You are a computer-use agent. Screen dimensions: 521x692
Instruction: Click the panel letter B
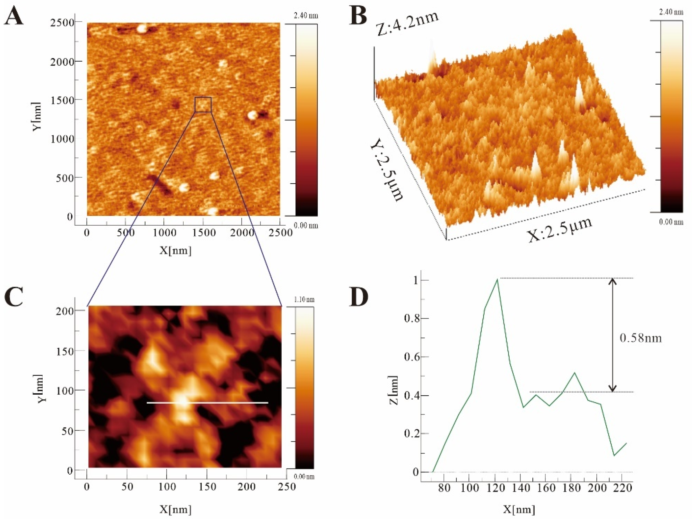click(x=358, y=16)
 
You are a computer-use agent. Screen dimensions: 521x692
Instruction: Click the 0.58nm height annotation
click(x=641, y=338)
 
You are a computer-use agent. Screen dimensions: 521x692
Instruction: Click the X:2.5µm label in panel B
click(x=560, y=230)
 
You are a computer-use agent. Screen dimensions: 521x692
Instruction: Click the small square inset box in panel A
click(x=203, y=104)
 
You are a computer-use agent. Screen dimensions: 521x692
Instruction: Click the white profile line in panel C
click(x=207, y=403)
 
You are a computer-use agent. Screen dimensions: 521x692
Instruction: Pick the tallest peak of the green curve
click(x=497, y=279)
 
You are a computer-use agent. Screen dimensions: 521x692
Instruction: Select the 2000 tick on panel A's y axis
click(x=63, y=62)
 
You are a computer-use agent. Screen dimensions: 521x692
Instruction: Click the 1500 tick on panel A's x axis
click(x=204, y=233)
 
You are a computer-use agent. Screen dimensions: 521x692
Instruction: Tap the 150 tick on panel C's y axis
click(x=65, y=351)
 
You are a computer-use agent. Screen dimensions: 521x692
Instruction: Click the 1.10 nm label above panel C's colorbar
click(x=304, y=299)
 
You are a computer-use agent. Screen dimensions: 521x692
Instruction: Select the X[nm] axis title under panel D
click(x=519, y=509)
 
